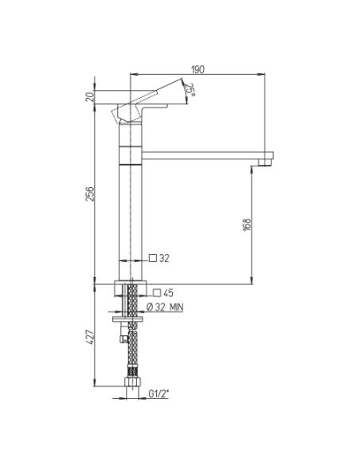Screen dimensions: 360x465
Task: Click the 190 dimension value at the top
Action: [x=198, y=69]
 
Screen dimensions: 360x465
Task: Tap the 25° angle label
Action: [x=190, y=90]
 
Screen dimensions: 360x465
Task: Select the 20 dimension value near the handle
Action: [x=89, y=96]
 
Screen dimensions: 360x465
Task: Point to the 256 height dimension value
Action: [x=89, y=194]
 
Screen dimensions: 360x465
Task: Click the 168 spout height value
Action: [x=247, y=225]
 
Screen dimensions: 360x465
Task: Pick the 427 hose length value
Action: [x=89, y=337]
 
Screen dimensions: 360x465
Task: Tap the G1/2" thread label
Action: [x=158, y=393]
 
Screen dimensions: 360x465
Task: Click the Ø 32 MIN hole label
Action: [x=165, y=307]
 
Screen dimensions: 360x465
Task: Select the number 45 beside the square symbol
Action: [x=168, y=293]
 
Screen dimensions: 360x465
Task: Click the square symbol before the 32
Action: [x=153, y=258]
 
